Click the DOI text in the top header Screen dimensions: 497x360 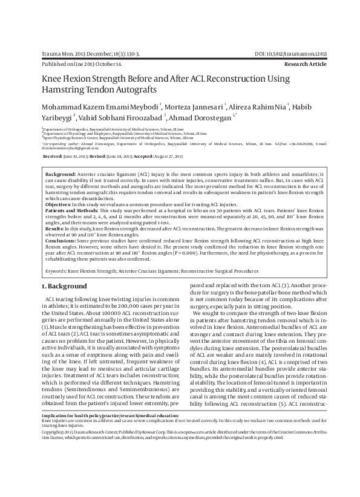pos(295,54)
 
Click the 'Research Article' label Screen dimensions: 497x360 pos(306,63)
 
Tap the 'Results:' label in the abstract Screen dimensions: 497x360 pos(55,229)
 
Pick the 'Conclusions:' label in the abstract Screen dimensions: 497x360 pos(62,241)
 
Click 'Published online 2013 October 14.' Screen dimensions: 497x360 pos(82,63)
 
